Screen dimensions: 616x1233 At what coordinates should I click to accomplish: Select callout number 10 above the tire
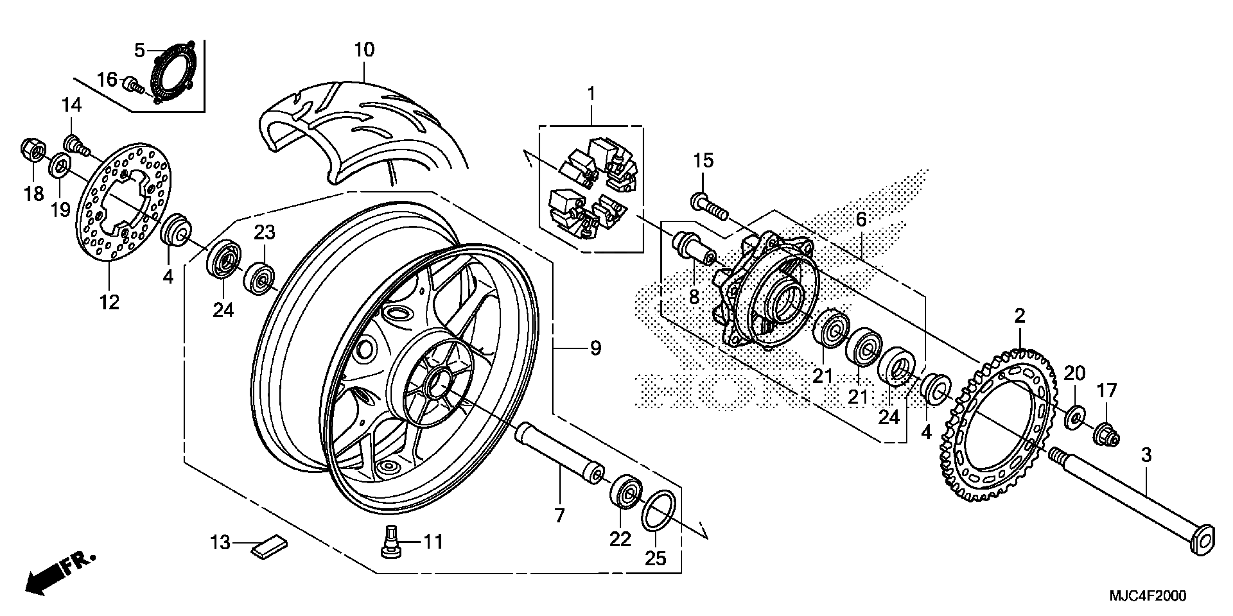tap(364, 50)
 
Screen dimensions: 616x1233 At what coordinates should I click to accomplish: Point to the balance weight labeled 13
tap(269, 546)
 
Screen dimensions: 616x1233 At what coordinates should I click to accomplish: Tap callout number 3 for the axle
tap(1146, 455)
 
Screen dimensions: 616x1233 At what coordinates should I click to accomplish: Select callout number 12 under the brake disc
tap(109, 302)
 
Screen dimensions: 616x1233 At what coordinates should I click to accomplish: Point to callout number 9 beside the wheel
tap(595, 348)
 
